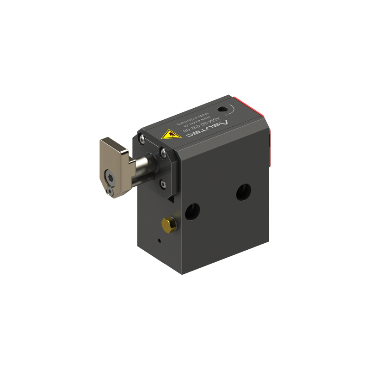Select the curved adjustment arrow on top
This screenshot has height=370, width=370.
(234, 111)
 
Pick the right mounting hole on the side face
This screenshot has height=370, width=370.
(243, 191)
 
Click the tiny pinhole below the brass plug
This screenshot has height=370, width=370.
(159, 240)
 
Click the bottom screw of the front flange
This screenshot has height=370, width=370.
(162, 184)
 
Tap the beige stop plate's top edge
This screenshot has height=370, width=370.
(113, 141)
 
